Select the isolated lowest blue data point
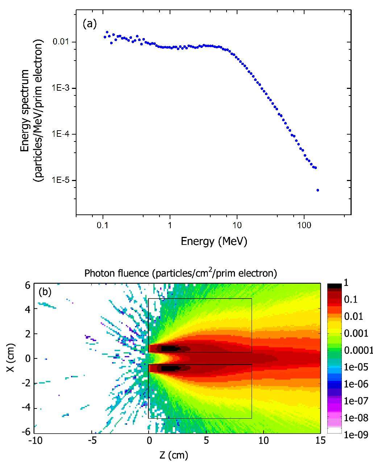(x=318, y=190)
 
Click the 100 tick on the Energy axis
(x=304, y=225)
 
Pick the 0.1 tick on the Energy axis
(x=103, y=225)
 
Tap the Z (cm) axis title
(x=174, y=455)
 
